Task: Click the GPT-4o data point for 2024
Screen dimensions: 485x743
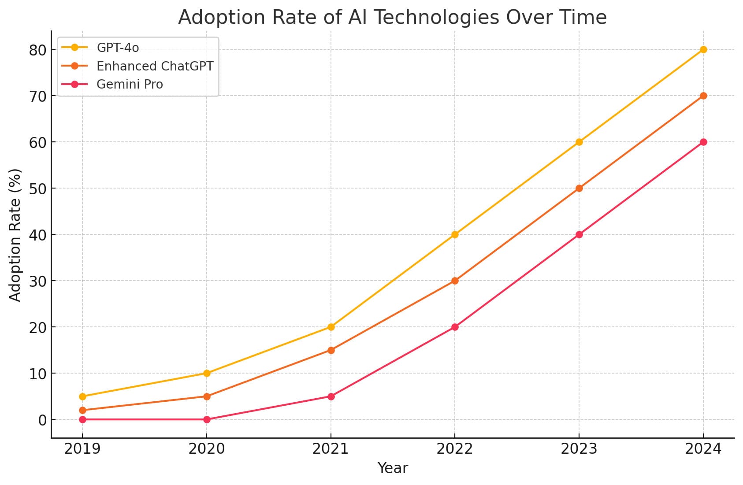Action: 703,49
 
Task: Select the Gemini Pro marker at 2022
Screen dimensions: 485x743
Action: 455,327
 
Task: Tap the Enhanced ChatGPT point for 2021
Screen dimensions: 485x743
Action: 331,350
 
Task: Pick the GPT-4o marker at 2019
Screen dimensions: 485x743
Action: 82,396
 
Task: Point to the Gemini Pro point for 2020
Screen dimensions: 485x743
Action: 207,419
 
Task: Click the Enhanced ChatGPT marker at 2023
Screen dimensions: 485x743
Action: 579,188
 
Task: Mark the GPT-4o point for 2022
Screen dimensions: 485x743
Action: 455,234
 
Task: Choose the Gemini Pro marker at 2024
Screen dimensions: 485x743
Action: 703,142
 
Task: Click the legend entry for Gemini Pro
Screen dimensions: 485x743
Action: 130,84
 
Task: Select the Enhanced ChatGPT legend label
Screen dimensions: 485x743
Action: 155,66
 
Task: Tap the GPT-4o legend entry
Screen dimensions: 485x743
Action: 118,48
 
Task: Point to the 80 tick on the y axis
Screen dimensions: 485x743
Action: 38,50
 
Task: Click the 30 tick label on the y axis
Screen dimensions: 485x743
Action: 38,281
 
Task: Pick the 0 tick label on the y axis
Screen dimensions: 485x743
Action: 42,420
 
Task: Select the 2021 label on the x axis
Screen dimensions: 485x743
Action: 331,449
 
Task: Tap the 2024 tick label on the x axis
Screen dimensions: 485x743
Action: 703,449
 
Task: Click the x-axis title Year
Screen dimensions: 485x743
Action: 393,468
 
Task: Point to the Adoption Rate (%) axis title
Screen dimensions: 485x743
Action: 15,234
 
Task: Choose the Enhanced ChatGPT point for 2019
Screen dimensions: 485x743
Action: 82,410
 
